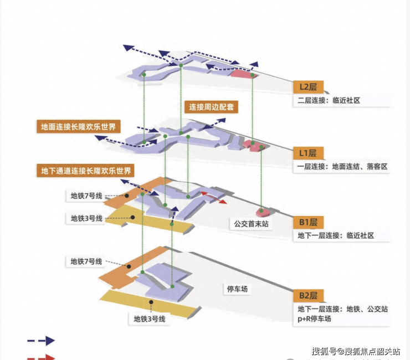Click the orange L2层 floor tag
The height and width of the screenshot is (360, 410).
307,88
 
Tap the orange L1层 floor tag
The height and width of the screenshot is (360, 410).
307,153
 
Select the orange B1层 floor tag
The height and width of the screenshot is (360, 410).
307,223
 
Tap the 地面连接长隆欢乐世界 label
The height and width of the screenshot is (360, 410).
78,127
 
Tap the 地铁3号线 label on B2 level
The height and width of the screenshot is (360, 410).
150,318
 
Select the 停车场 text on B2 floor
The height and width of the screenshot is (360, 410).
238,289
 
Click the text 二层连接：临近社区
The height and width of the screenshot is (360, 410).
329,101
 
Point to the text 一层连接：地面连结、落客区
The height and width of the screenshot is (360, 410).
342,167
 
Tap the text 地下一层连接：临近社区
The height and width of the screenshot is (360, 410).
336,235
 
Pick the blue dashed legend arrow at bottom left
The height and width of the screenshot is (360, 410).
41,341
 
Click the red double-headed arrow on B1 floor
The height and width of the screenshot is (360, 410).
213,198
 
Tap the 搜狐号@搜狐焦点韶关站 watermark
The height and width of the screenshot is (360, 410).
356,351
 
